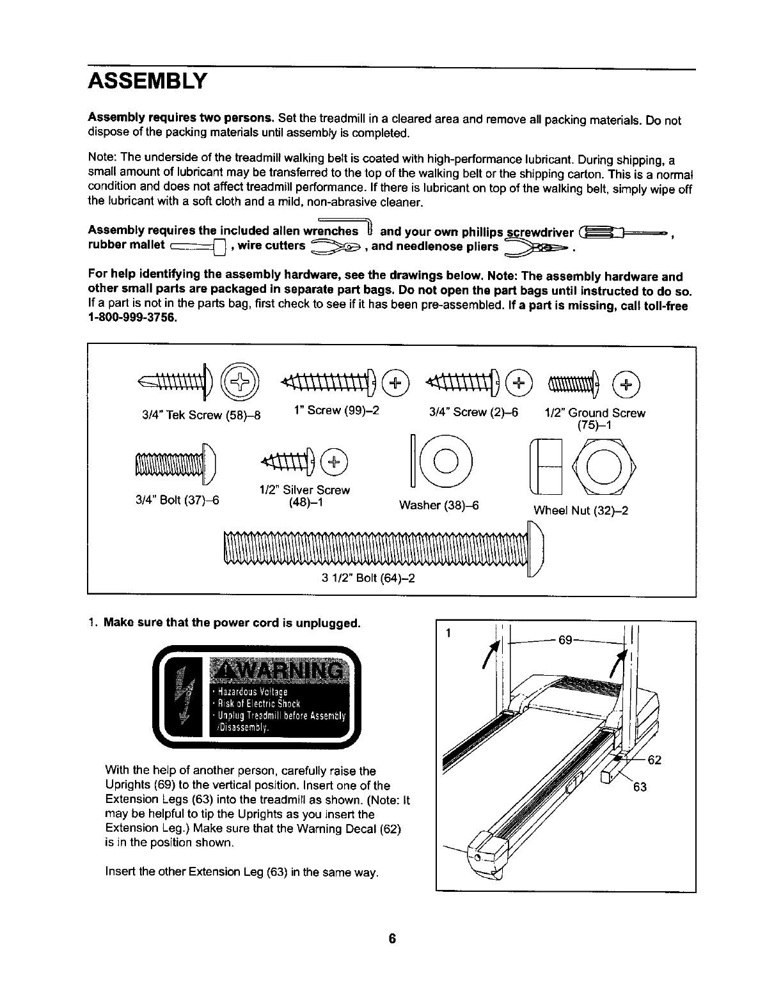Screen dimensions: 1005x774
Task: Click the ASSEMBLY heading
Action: (148, 81)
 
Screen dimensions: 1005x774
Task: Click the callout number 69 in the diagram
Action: (565, 639)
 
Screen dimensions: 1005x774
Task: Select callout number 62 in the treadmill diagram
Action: (654, 761)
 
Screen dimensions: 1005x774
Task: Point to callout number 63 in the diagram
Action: (640, 787)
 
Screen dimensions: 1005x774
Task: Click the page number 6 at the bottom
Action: (392, 939)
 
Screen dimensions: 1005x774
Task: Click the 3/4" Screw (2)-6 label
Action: (473, 412)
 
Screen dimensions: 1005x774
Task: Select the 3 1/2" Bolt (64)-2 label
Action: (368, 580)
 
